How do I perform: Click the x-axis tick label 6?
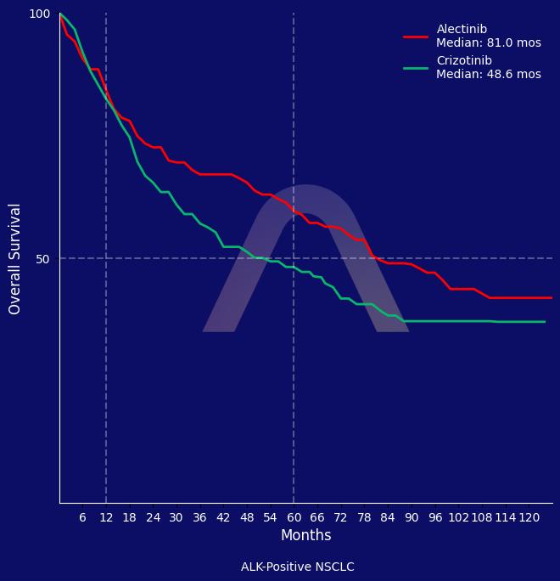click(82, 517)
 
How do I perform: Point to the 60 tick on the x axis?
click(294, 517)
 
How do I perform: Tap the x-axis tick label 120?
click(529, 517)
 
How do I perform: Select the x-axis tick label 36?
click(199, 517)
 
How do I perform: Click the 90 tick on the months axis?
click(412, 517)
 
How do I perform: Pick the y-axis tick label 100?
click(40, 14)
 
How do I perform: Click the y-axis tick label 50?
click(43, 258)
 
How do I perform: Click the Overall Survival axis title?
click(15, 258)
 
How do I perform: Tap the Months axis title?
click(305, 536)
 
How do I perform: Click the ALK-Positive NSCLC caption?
click(297, 567)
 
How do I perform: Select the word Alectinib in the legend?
click(462, 30)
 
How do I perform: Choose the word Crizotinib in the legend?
click(463, 61)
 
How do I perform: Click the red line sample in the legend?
click(416, 37)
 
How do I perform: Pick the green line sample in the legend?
click(416, 68)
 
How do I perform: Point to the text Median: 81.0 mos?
click(488, 43)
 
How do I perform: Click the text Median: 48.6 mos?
click(488, 75)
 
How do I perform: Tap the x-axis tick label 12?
click(106, 517)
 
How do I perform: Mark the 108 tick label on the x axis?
click(482, 517)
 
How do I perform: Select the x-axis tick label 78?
click(364, 517)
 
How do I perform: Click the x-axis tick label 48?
click(247, 517)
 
